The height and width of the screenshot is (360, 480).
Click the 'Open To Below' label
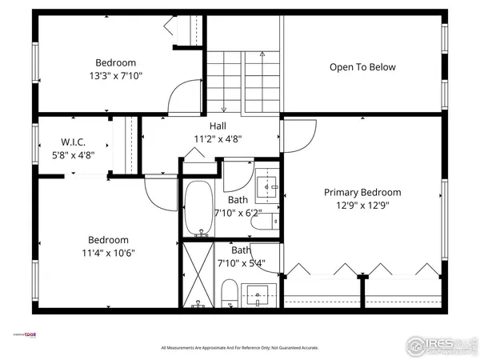point(362,67)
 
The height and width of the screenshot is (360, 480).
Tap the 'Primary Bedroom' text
point(362,192)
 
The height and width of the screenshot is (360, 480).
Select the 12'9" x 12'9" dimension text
point(362,206)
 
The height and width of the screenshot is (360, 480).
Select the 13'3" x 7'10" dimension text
point(116,76)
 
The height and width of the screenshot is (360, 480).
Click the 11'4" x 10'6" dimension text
point(108,253)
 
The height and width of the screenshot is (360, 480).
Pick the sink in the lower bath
point(258,294)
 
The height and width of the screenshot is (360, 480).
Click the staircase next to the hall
point(243,80)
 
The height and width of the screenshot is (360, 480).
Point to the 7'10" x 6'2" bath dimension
point(238,214)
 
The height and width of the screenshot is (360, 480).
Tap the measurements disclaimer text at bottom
point(240,348)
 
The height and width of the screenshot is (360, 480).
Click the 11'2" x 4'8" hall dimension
point(218,138)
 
